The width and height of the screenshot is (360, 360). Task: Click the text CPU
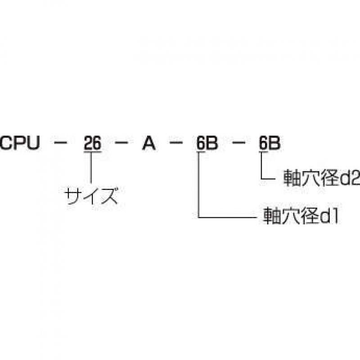[20, 143]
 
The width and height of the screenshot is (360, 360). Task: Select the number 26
[93, 143]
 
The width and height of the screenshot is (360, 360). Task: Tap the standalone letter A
[149, 143]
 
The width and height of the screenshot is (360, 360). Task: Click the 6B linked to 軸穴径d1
[207, 143]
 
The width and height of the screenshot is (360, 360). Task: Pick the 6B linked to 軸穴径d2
[270, 143]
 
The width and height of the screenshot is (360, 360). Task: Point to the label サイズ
[91, 196]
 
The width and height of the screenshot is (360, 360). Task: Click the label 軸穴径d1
[301, 216]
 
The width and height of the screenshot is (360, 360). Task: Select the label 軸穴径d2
[321, 177]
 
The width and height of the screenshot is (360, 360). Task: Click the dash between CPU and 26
[60, 143]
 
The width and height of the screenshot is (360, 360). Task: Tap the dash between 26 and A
[121, 143]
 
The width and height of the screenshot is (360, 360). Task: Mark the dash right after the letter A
[176, 143]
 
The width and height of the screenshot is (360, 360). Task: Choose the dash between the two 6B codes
[238, 143]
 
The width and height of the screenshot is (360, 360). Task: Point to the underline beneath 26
[93, 151]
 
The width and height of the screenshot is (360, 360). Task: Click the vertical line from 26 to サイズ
[91, 167]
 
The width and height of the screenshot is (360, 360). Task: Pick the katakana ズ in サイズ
[109, 196]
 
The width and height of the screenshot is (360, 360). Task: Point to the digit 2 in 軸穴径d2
[355, 177]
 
